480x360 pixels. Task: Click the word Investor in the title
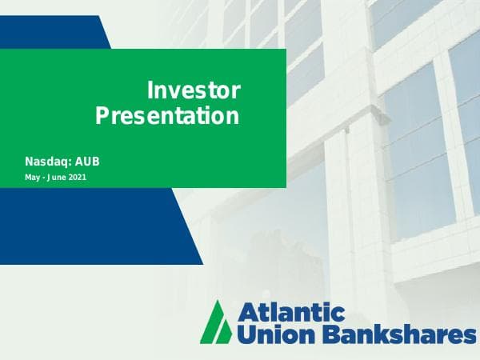pyautogui.click(x=194, y=90)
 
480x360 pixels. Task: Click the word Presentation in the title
pyautogui.click(x=167, y=116)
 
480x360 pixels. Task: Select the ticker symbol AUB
pyautogui.click(x=87, y=162)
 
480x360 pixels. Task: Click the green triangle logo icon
pyautogui.click(x=216, y=322)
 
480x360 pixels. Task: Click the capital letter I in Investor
pyautogui.click(x=151, y=90)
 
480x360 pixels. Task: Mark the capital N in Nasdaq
pyautogui.click(x=30, y=162)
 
